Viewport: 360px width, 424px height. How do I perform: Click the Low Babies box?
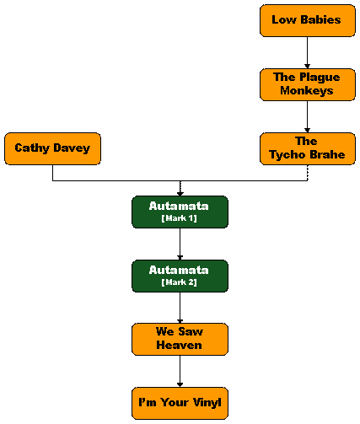coord(308,20)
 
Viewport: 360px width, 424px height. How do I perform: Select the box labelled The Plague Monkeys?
coord(308,84)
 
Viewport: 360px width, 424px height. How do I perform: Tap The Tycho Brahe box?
coord(308,148)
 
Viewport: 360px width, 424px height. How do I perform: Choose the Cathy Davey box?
coord(52,148)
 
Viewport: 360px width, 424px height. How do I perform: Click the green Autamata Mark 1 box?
coord(180,212)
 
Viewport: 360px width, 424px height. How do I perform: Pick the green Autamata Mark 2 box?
coord(180,276)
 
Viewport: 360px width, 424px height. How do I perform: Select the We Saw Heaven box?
coord(180,339)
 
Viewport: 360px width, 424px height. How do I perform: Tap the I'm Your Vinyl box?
coord(180,403)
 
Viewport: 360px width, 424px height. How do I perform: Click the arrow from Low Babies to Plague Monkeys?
coord(307,52)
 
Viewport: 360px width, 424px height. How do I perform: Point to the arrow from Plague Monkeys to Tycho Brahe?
coord(307,116)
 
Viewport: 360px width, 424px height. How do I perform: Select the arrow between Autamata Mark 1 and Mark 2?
coord(180,244)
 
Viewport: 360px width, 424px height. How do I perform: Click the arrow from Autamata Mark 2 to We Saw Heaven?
coord(180,308)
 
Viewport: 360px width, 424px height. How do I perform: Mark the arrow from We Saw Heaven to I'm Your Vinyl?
coord(180,371)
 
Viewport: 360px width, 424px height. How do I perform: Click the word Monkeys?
coord(307,91)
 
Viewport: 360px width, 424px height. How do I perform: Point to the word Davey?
coord(72,148)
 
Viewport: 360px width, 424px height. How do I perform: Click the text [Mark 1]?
coord(179,218)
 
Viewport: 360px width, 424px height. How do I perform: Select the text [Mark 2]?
coord(179,282)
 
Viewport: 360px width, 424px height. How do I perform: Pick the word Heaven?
coord(179,345)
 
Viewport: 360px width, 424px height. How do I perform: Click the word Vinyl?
coord(207,403)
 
